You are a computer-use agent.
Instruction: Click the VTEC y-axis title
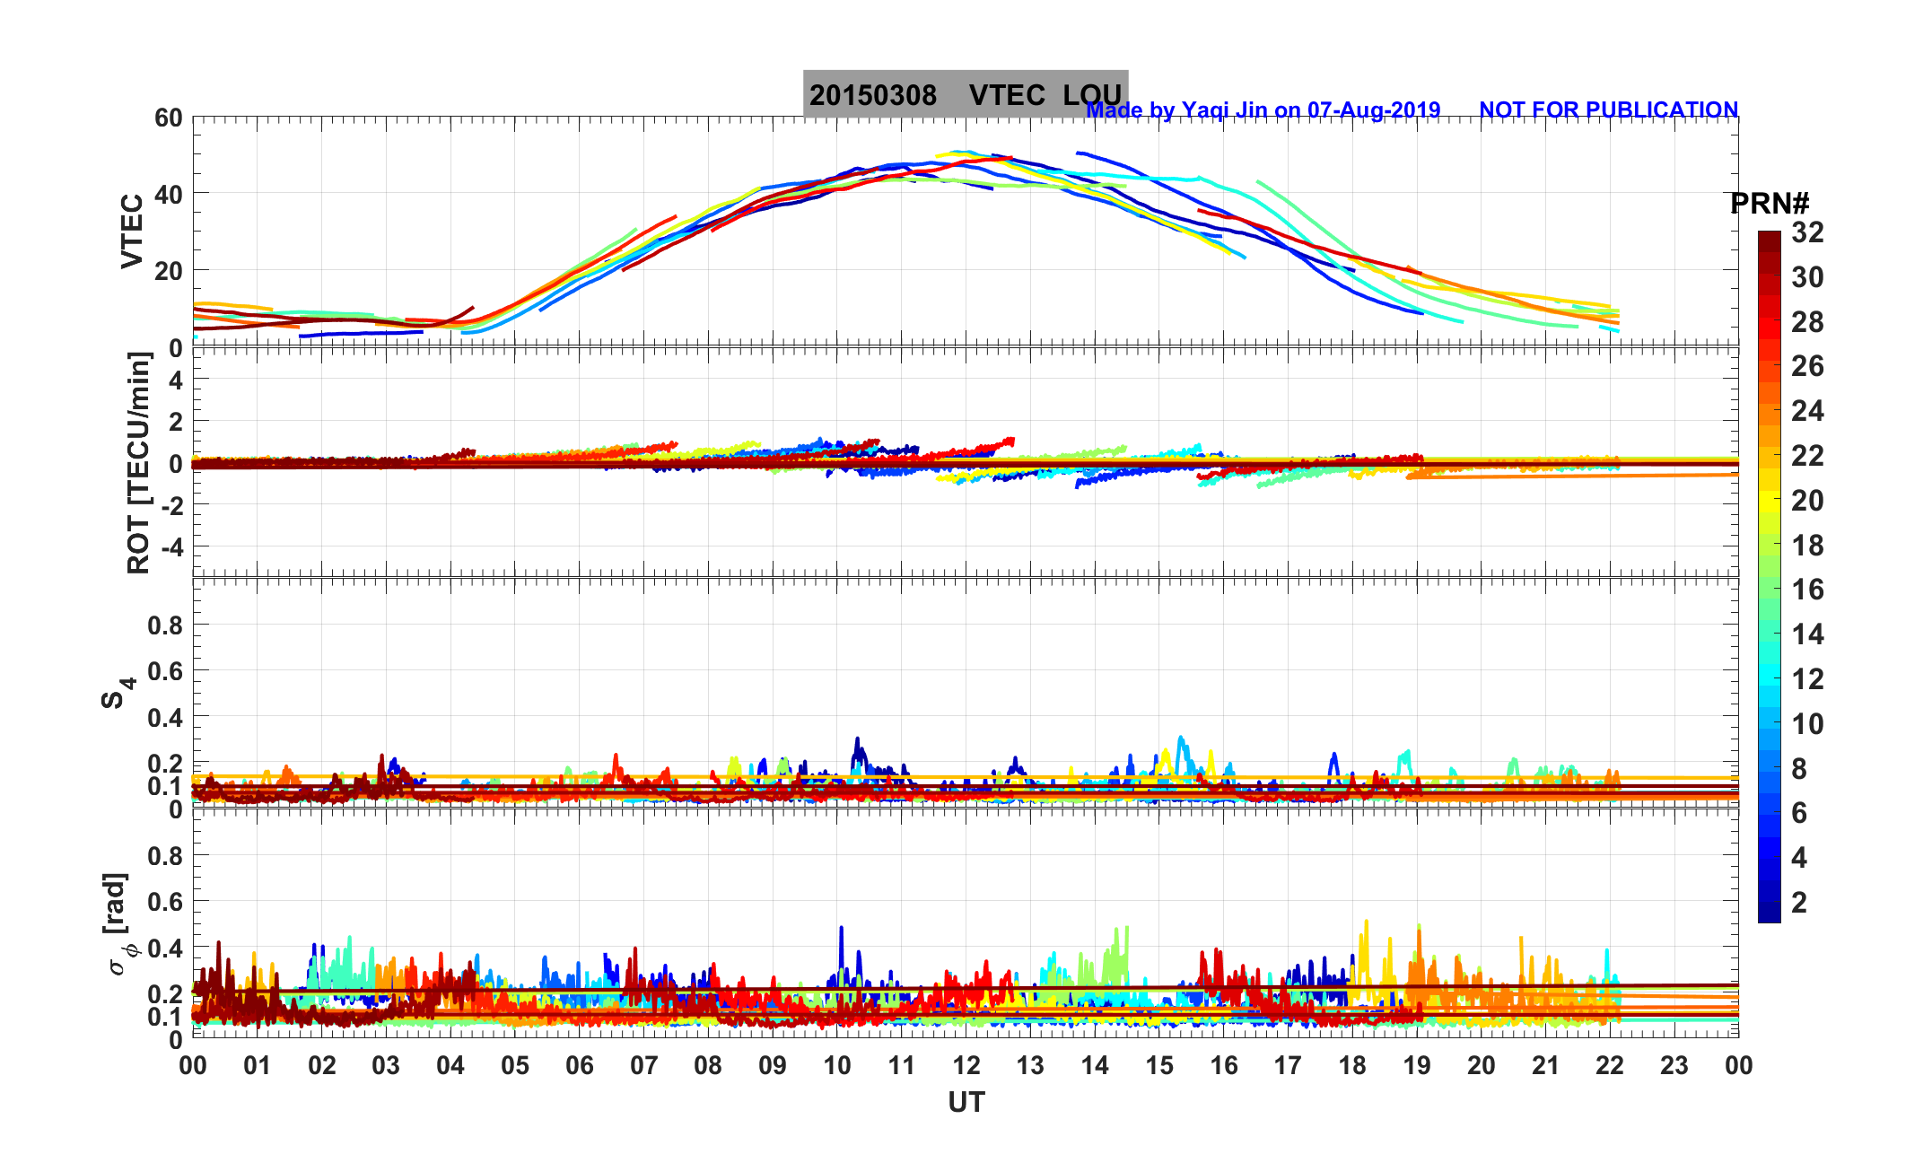tap(132, 231)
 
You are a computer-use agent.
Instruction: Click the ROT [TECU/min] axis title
tap(138, 463)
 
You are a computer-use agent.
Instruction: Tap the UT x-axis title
tap(966, 1103)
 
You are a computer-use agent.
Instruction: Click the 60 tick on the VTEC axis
tap(168, 118)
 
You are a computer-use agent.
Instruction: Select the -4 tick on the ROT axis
tap(170, 546)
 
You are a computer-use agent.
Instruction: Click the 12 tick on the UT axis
tap(966, 1066)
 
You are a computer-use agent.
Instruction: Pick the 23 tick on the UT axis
tap(1674, 1066)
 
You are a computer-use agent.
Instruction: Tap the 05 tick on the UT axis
tap(515, 1066)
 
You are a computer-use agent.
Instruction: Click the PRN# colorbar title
tap(1770, 205)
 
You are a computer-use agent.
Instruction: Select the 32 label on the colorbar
tap(1807, 233)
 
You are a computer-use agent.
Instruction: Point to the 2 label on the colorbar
tap(1799, 903)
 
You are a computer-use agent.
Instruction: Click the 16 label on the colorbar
tap(1807, 590)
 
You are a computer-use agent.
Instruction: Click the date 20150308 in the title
tap(872, 96)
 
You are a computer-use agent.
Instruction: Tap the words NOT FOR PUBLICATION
tap(1608, 110)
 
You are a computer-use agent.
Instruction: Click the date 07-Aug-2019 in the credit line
tap(1373, 110)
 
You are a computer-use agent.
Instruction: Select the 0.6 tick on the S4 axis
tap(165, 671)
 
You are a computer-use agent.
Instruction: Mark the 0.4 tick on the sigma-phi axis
tap(165, 949)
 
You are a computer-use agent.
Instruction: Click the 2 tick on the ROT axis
tap(175, 422)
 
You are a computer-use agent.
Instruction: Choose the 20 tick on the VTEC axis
tap(168, 271)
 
